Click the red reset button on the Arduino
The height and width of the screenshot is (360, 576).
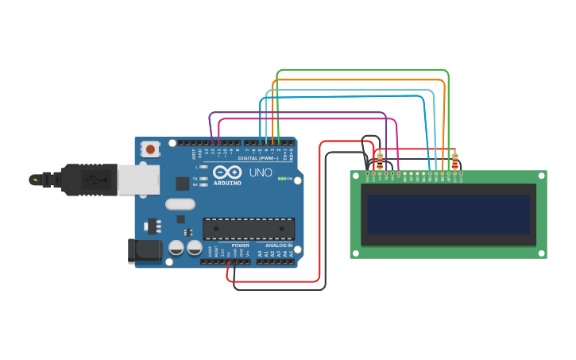pyautogui.click(x=150, y=149)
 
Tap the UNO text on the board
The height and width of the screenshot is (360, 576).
pyautogui.click(x=261, y=172)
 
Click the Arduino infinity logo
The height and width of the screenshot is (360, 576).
pyautogui.click(x=226, y=172)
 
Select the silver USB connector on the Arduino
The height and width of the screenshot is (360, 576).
pyautogui.click(x=137, y=180)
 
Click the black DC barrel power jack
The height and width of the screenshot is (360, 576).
pyautogui.click(x=145, y=250)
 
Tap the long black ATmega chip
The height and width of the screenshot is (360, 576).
pyautogui.click(x=248, y=229)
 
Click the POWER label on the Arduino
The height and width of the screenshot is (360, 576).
pyautogui.click(x=240, y=246)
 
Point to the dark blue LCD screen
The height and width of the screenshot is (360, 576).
pyautogui.click(x=448, y=215)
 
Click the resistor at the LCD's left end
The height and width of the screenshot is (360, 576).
pyautogui.click(x=380, y=161)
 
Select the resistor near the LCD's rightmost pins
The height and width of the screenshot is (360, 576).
pyautogui.click(x=454, y=161)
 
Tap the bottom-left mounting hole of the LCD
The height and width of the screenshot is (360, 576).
pyautogui.click(x=356, y=253)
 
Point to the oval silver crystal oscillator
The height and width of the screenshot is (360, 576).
pyautogui.click(x=180, y=204)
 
